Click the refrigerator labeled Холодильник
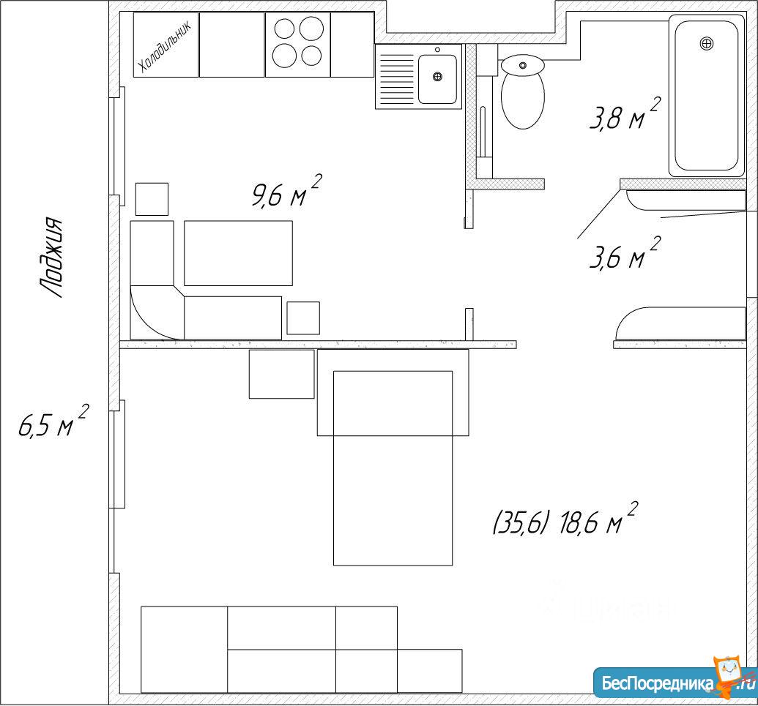pos(166,45)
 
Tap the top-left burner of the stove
pos(284,29)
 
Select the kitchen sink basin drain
pos(437,76)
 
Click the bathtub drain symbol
pos(706,43)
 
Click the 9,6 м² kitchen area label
pos(286,191)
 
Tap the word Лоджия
pos(51,258)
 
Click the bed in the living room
pos(393,468)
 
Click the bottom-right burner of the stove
pos(311,56)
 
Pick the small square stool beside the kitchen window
pos(152,199)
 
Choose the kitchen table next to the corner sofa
pos(238,253)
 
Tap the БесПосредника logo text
pos(658,684)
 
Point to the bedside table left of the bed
pos(281,375)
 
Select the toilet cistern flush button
pos(523,65)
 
